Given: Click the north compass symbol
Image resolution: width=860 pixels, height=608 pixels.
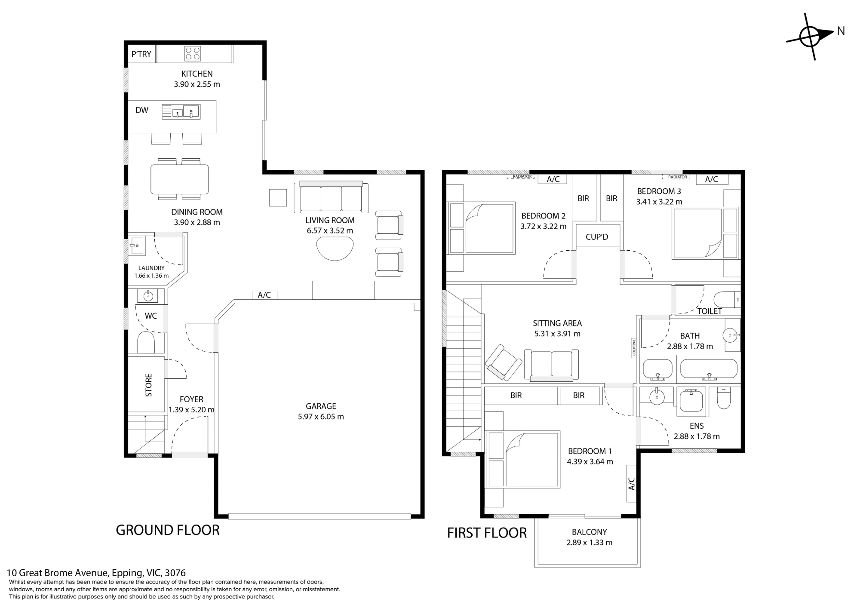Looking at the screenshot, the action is [x=810, y=36].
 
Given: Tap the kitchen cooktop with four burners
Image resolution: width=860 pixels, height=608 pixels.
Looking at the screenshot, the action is [x=192, y=53].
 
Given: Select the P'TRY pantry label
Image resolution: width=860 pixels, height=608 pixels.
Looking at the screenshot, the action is [x=141, y=54].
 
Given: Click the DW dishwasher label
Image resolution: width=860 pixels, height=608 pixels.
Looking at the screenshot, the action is [x=142, y=111].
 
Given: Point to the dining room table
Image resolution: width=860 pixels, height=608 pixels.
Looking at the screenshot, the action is [x=180, y=179].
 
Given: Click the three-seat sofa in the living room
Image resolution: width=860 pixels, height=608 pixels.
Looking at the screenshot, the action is [x=331, y=197].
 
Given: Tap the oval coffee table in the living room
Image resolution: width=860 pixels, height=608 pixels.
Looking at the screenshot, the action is [x=335, y=249].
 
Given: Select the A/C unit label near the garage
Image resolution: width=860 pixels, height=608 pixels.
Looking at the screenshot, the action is [x=264, y=295].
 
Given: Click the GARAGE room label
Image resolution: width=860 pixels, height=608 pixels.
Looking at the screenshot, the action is [x=321, y=406].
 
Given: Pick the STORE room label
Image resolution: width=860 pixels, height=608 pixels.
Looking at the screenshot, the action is [x=149, y=385].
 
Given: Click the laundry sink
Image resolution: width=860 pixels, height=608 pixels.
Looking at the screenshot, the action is [x=137, y=246].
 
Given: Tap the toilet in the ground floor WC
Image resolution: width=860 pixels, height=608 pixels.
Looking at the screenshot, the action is [x=146, y=342].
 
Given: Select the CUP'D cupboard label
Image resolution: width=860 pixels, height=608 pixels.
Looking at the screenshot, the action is [x=597, y=237].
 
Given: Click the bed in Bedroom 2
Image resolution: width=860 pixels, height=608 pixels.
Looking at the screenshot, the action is [x=482, y=228].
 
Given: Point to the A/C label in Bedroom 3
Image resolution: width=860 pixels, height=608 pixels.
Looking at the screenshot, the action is [x=712, y=179].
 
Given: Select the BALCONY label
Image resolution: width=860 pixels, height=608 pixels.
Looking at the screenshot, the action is [x=590, y=532].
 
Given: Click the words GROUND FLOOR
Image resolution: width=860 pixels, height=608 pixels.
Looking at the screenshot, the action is [x=168, y=530].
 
